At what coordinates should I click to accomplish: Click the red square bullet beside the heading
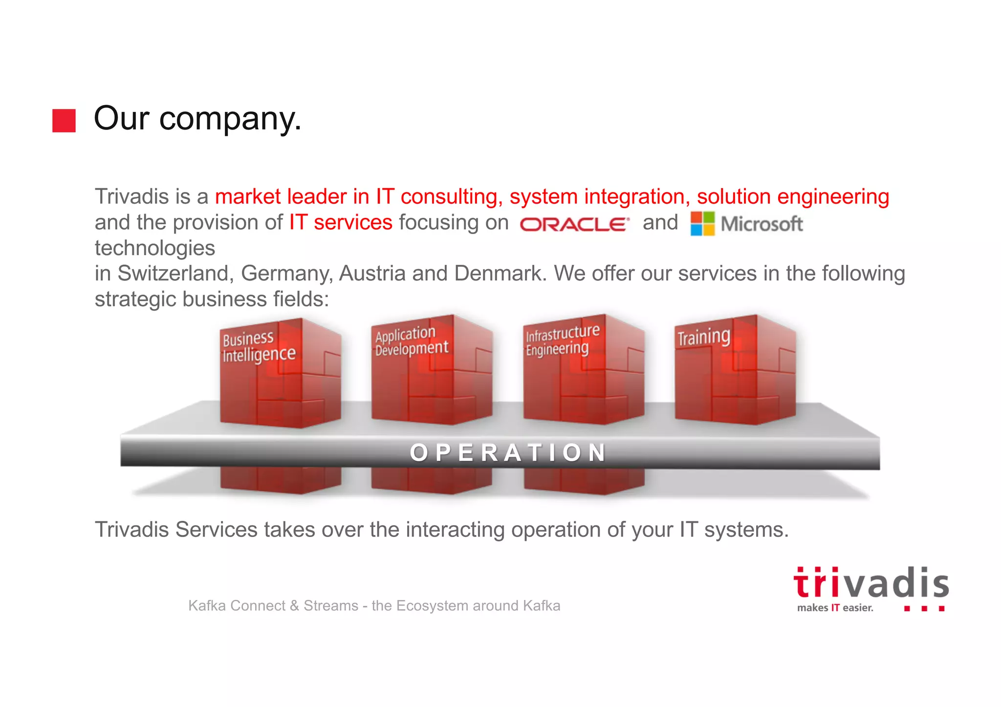(x=64, y=120)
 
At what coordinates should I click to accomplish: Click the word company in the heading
(x=230, y=119)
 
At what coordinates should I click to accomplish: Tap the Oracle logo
(x=574, y=224)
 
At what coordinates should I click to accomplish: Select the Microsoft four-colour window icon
(x=702, y=224)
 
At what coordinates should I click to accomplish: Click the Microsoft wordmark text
(x=762, y=224)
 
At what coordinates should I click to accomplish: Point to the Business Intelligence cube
(x=280, y=374)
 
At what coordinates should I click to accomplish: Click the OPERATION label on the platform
(x=508, y=452)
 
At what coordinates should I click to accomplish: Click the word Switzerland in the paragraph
(x=174, y=273)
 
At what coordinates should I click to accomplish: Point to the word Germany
(x=286, y=273)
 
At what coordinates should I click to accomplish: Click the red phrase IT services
(x=341, y=222)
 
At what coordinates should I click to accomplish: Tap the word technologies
(x=155, y=248)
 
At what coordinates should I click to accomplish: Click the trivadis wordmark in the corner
(x=870, y=583)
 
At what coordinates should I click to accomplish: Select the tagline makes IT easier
(x=835, y=608)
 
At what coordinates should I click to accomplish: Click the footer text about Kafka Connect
(x=374, y=605)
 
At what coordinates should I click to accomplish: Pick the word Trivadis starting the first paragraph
(x=131, y=196)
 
